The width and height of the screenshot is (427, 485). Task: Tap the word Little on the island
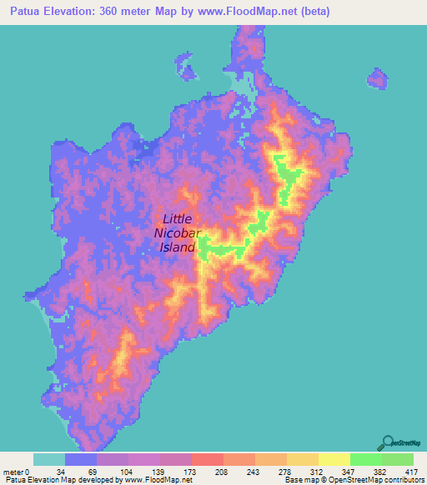click(178, 220)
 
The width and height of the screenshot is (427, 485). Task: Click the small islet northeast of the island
click(377, 79)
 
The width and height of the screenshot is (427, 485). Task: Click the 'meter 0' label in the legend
click(16, 471)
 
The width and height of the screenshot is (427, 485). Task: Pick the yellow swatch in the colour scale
click(334, 459)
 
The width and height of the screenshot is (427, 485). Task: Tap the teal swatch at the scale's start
click(49, 459)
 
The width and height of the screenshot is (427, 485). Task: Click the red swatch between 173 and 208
click(207, 459)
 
